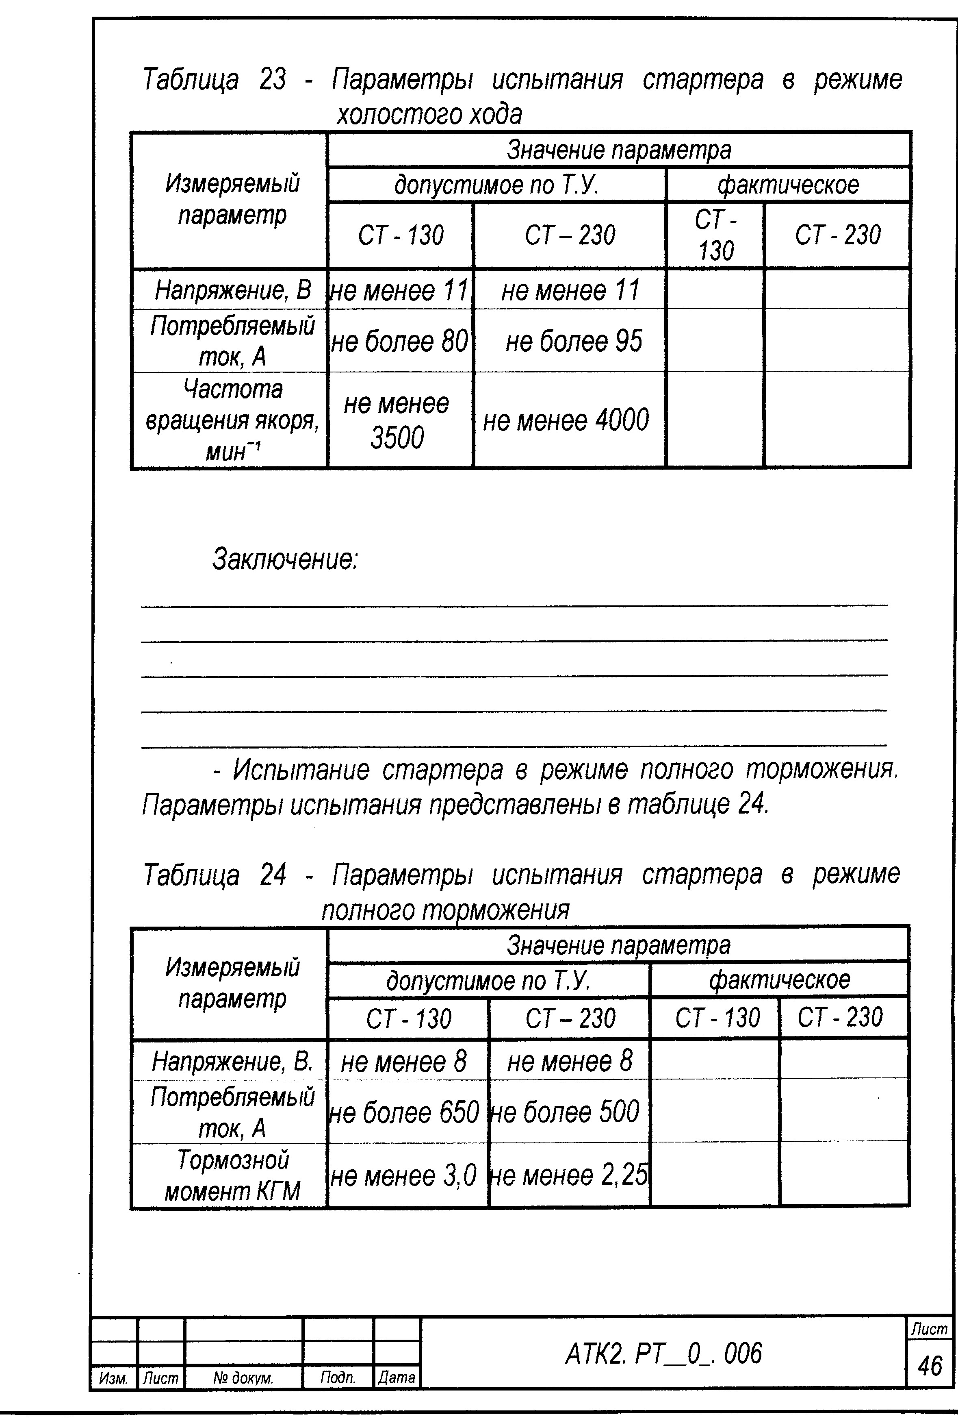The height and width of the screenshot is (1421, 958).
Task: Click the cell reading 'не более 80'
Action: (x=400, y=341)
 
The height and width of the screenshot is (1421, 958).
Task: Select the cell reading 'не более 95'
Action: (x=574, y=341)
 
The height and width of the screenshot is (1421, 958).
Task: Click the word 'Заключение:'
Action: (x=285, y=559)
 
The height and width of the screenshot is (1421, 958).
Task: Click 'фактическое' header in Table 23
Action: (x=788, y=185)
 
